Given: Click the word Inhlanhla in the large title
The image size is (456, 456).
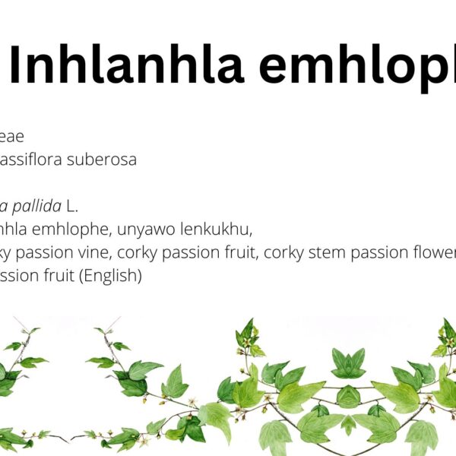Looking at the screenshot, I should tap(126, 66).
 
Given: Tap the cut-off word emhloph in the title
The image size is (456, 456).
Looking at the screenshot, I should tap(357, 66).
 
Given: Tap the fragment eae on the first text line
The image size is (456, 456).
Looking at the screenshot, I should tap(12, 137).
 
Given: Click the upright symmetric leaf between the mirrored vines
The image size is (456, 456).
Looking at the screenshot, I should tap(348, 363).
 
